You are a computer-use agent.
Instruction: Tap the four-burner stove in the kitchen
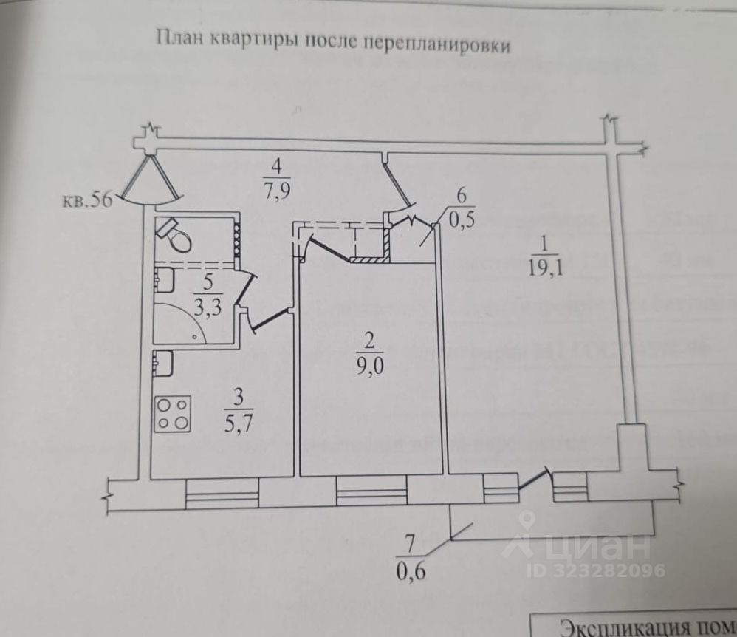(x=172, y=414)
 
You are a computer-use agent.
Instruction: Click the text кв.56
(x=87, y=200)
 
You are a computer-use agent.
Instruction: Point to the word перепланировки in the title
(x=436, y=43)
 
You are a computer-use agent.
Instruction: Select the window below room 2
(x=371, y=490)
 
